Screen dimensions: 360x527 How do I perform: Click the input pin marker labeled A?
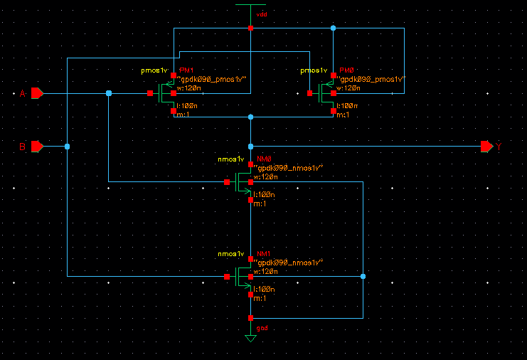(x=37, y=93)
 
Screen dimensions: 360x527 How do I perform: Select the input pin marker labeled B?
(x=37, y=146)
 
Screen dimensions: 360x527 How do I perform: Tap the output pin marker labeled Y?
(x=486, y=146)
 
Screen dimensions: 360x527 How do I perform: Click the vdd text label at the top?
(x=261, y=14)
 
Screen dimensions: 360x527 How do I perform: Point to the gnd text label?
(x=261, y=328)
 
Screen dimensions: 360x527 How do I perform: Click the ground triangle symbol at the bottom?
(x=250, y=338)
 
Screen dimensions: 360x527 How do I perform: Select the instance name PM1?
(x=186, y=71)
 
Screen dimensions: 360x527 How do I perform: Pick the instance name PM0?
(x=346, y=71)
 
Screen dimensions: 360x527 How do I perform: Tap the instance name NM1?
(x=264, y=254)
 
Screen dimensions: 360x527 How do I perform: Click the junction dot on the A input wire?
(x=108, y=93)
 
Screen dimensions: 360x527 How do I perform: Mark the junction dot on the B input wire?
(x=67, y=146)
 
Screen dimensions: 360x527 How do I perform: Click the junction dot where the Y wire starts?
(x=250, y=146)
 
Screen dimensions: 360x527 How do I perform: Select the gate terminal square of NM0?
(x=227, y=182)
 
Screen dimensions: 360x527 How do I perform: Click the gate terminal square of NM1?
(x=227, y=276)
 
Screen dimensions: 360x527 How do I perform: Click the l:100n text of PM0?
(x=347, y=105)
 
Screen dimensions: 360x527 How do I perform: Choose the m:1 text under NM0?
(x=260, y=203)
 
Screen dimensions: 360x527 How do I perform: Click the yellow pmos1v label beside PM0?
(x=314, y=71)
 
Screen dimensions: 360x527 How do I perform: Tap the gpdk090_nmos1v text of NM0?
(x=289, y=166)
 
